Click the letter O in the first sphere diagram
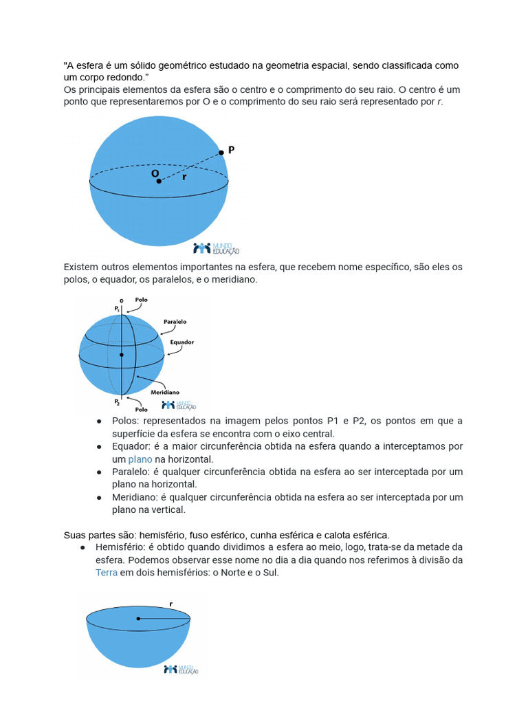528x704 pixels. click(x=155, y=174)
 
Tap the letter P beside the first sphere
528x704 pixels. click(x=232, y=148)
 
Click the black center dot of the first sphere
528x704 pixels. click(x=159, y=181)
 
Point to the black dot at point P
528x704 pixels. click(x=221, y=153)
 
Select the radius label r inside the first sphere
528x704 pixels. click(x=184, y=177)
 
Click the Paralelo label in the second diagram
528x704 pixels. click(x=175, y=322)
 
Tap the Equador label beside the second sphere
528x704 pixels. click(x=181, y=342)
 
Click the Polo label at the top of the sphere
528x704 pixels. click(x=141, y=300)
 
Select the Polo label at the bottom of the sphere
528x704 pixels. click(x=142, y=410)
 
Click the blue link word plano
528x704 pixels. click(x=140, y=459)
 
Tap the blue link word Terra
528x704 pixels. click(x=107, y=572)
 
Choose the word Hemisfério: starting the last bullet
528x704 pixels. click(x=121, y=547)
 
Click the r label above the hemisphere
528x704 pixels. click(x=170, y=604)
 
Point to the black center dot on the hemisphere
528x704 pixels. click(x=138, y=619)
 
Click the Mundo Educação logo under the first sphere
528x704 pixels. click(x=216, y=248)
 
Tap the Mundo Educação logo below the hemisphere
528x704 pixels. click(x=181, y=669)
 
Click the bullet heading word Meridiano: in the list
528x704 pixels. click(x=136, y=497)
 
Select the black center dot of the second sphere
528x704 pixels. click(x=122, y=355)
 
